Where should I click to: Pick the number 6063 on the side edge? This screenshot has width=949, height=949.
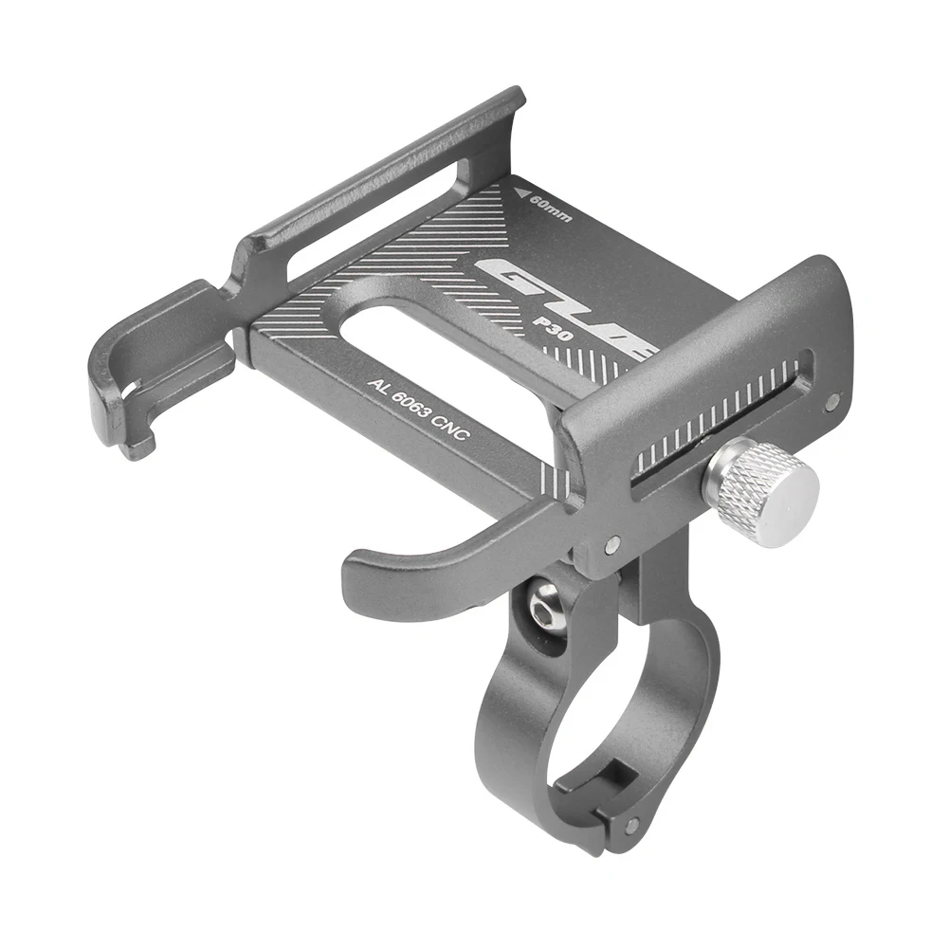coord(413,408)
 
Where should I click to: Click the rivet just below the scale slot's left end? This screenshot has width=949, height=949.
coord(611,544)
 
